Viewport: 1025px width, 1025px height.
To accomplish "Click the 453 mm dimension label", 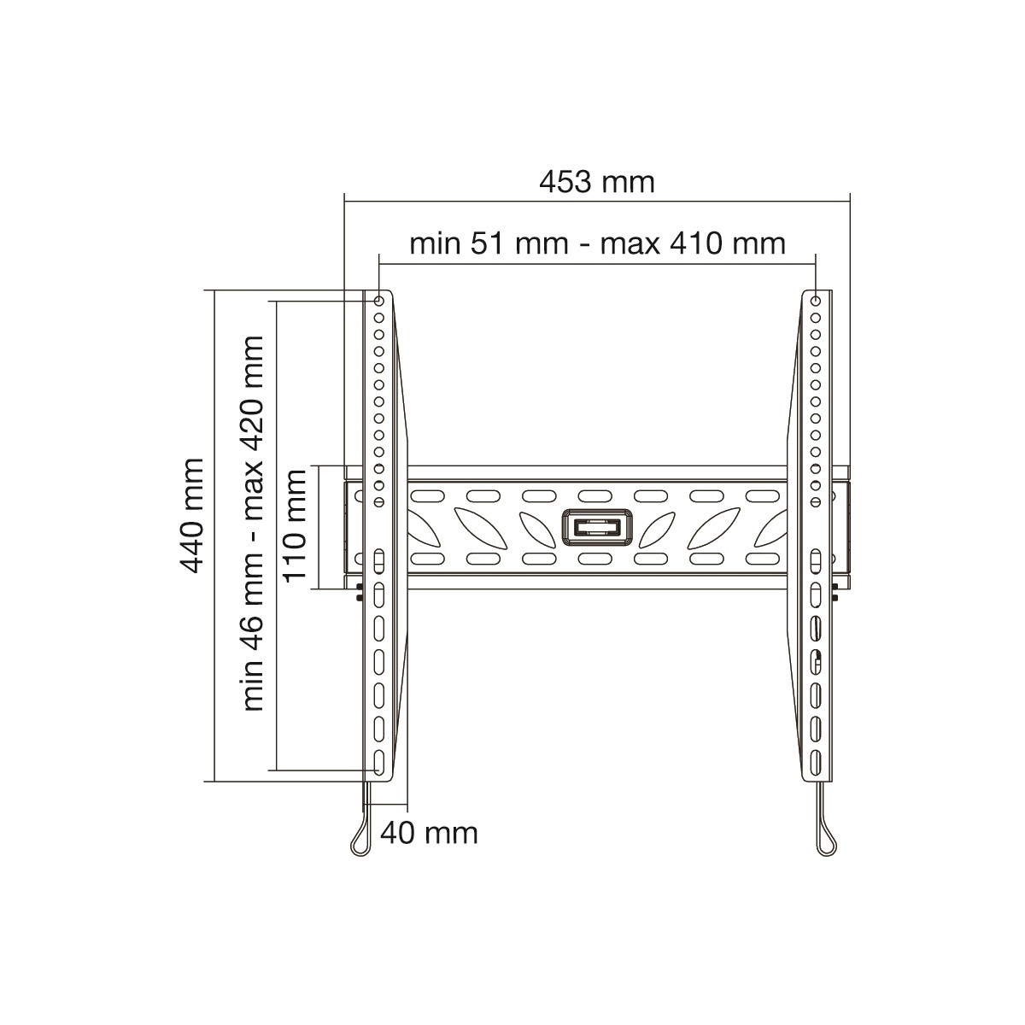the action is [x=596, y=183].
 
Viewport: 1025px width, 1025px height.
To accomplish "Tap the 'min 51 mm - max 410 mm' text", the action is [x=597, y=244].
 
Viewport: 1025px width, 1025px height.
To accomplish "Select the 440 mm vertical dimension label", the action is [x=191, y=515].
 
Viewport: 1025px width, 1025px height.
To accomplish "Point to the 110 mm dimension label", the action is [x=294, y=525].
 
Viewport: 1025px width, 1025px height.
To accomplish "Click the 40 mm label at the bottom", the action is [x=430, y=833].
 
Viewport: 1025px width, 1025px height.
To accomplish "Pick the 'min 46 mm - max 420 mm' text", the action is [x=253, y=524].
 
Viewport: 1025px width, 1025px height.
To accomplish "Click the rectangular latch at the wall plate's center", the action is [x=597, y=528].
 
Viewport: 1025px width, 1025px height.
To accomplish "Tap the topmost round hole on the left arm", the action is [x=378, y=301].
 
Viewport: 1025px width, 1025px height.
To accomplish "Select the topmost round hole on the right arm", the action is [x=816, y=301].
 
